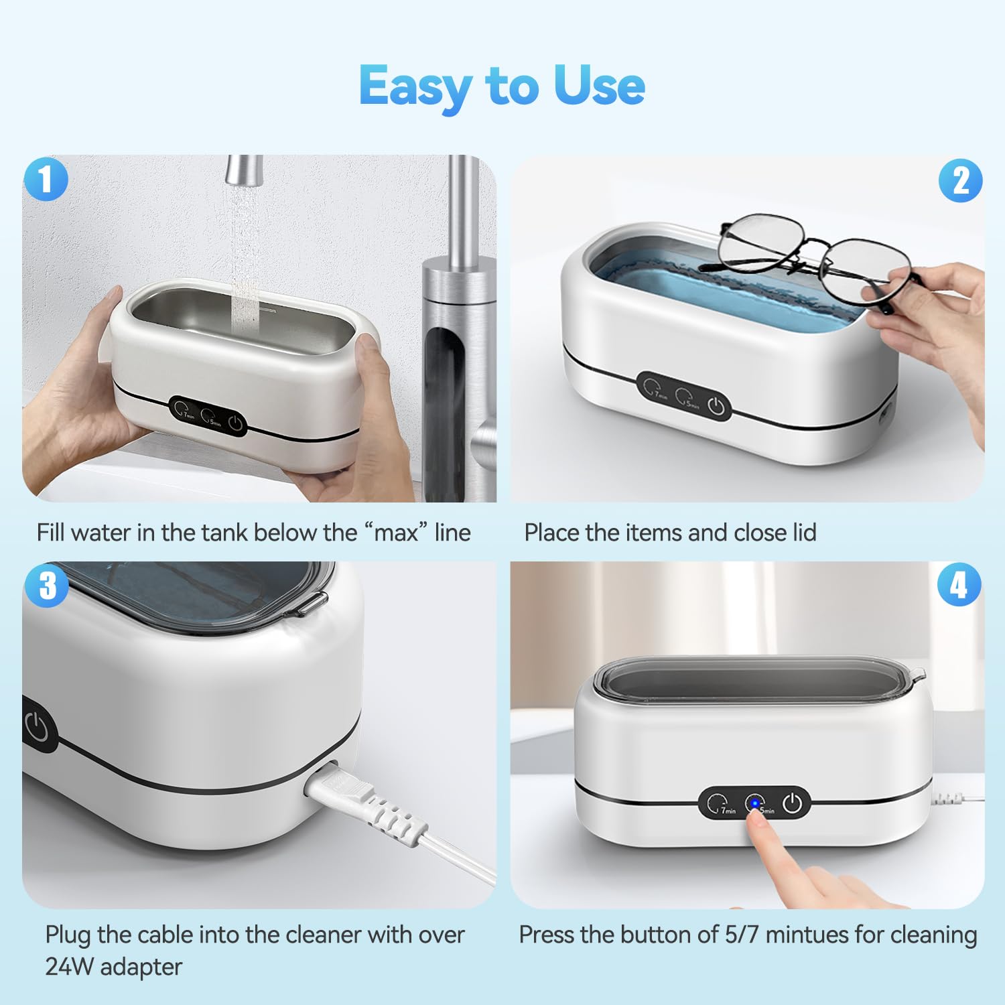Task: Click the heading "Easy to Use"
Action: pos(502,86)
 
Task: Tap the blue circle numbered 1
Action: pos(46,179)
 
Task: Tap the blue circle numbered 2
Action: pos(960,181)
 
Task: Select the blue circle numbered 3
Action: pos(47,585)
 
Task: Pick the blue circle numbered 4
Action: pos(959,585)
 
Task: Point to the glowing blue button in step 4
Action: pos(755,803)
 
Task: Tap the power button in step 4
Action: pos(793,803)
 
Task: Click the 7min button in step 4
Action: pos(718,803)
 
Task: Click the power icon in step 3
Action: pos(37,727)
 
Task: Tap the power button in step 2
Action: pos(716,406)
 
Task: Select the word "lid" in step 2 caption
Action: pos(804,533)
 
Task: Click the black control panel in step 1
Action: pos(207,416)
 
